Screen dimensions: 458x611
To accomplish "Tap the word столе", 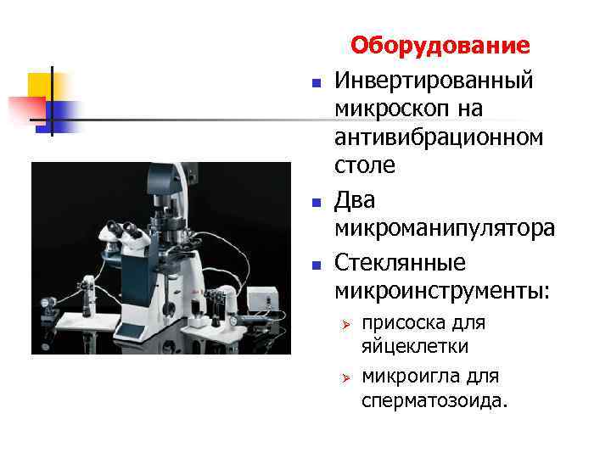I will click(365, 165).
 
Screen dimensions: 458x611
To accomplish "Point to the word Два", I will click(355, 200).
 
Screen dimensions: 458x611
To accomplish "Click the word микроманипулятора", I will click(445, 228).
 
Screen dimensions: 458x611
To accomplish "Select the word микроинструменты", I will click(442, 291).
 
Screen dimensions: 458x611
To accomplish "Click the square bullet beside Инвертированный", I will click(315, 84).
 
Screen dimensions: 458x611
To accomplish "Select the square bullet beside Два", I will click(315, 204).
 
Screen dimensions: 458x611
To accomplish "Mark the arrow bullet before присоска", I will click(345, 325).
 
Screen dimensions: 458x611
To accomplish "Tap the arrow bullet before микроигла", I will click(345, 377).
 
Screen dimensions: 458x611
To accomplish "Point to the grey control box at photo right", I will click(262, 298).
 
